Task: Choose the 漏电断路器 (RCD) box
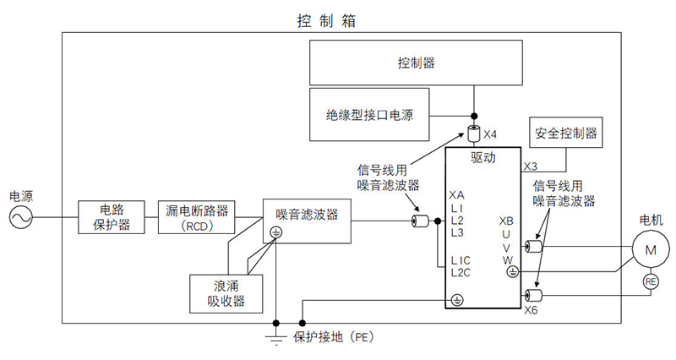pyautogui.click(x=199, y=218)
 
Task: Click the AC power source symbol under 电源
pyautogui.click(x=19, y=219)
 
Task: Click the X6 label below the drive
pyautogui.click(x=531, y=310)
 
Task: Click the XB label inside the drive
pyautogui.click(x=507, y=219)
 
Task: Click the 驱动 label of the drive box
pyautogui.click(x=482, y=156)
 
